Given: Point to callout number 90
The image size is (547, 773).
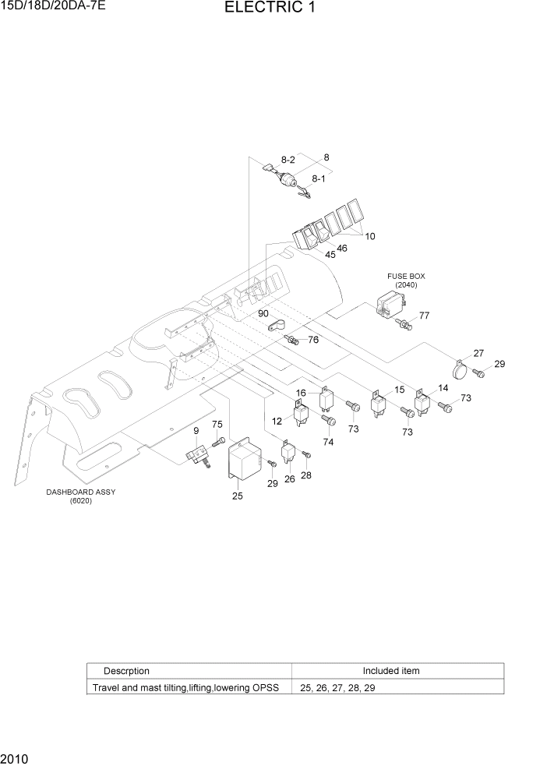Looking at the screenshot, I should point(265,312).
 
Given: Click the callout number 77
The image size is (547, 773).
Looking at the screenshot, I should point(425,316).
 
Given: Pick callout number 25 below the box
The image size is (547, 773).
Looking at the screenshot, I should point(237,496).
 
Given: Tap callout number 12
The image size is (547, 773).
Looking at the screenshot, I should point(276,422).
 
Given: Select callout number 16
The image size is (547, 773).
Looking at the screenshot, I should point(300,394).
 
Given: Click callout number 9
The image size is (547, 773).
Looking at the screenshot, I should point(196,431).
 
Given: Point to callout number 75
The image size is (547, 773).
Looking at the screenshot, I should point(217,424).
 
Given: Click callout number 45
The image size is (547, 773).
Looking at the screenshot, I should point(330,255).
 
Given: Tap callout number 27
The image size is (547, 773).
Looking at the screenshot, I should point(478,353).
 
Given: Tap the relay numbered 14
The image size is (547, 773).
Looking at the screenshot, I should point(422,402).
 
